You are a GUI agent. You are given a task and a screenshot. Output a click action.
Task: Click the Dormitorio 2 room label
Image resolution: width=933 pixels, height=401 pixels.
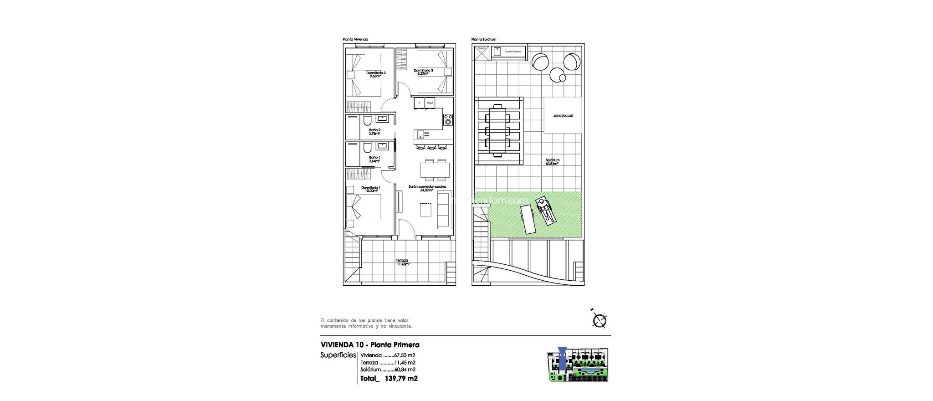[x=376, y=74]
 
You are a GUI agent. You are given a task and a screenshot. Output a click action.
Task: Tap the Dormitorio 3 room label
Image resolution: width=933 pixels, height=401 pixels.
[x=423, y=72]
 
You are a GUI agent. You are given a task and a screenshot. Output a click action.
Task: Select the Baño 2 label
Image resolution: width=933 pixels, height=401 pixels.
[x=374, y=132]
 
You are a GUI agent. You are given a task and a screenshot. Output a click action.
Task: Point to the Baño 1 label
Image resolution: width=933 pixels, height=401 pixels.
[x=374, y=159]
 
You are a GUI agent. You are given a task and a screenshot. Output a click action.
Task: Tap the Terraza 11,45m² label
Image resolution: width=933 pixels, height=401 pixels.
[x=402, y=262]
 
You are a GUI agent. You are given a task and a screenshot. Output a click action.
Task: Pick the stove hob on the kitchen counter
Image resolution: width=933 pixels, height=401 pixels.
[x=448, y=120]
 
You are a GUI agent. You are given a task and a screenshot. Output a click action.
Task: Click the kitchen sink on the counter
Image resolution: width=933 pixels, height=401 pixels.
[x=101, y=134]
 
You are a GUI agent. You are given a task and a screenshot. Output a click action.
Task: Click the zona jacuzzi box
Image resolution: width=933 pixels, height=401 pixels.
[x=563, y=116]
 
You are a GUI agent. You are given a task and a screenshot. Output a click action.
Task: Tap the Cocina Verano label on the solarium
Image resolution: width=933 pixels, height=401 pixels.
[x=513, y=52]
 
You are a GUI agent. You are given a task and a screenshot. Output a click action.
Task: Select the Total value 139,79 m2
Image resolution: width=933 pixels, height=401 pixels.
[x=401, y=378]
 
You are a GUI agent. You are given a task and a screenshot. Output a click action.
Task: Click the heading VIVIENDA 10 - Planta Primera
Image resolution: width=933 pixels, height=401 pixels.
[x=370, y=345]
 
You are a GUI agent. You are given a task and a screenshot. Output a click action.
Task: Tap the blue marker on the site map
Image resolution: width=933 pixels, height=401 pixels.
[x=562, y=358]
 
